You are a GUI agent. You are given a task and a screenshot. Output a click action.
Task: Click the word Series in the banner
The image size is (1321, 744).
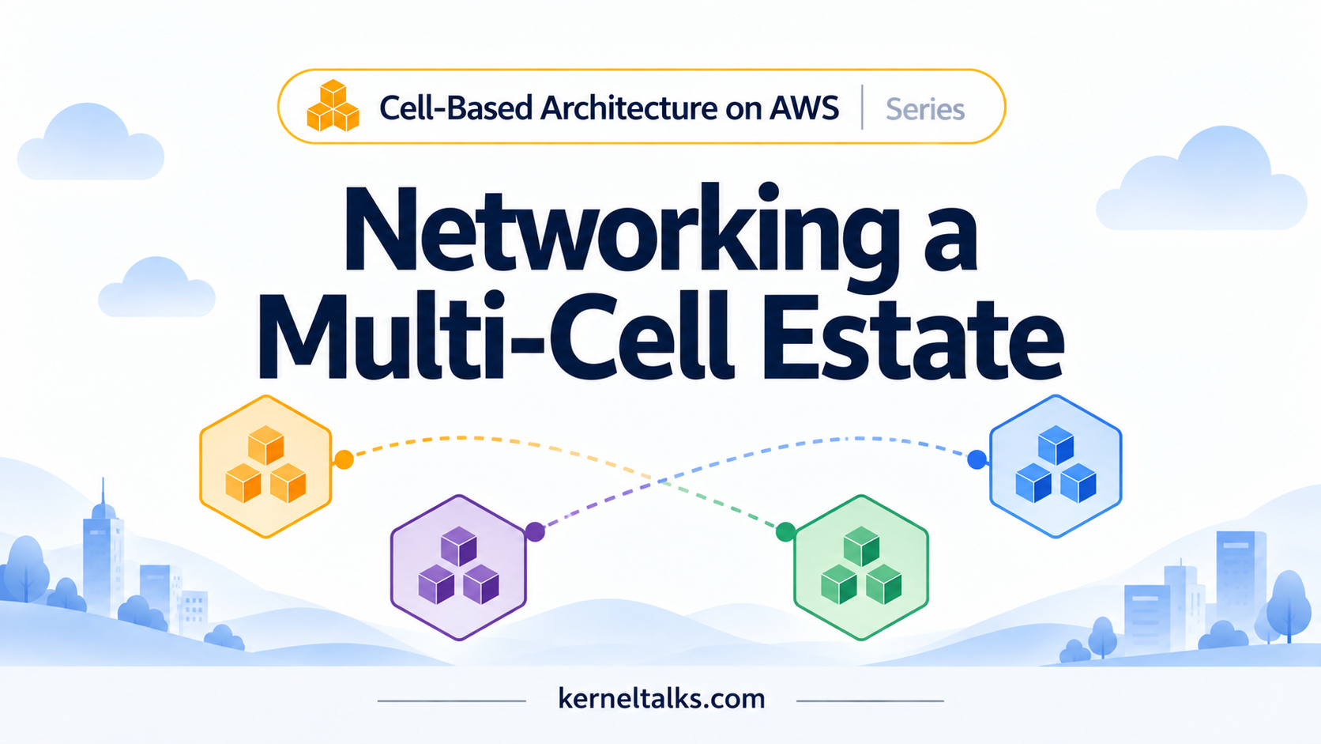pos(924,109)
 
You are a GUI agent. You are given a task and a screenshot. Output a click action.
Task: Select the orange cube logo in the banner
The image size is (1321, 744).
pos(333,106)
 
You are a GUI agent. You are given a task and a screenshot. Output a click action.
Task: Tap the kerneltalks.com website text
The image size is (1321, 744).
pos(661,699)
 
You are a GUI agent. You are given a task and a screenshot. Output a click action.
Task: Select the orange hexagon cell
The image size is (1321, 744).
pos(266,466)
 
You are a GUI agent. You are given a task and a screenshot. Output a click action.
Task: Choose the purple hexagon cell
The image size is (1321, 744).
pos(458,567)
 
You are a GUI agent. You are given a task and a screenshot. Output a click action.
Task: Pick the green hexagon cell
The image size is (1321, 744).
pos(862,567)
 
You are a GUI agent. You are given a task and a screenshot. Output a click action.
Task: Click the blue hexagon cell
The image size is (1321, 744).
pos(1056,466)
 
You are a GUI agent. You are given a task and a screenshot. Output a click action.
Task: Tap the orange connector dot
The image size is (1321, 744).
pos(344,459)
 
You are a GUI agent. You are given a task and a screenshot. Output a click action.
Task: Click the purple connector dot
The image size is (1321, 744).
pos(535,531)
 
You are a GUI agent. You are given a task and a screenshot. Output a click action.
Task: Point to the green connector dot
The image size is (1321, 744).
pos(785,531)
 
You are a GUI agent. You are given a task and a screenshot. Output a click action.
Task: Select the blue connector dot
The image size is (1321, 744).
pos(977,459)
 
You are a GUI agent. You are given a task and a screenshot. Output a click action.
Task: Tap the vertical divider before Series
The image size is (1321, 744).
pos(862,107)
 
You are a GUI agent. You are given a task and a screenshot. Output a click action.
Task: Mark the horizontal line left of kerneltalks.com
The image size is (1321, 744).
pos(452,701)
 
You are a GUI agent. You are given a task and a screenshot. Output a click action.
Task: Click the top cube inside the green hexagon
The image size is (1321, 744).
pos(862,546)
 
